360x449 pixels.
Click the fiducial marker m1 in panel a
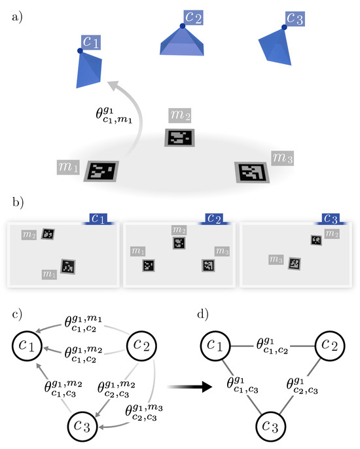[x=101, y=171]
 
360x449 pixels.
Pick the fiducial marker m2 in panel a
[x=179, y=138]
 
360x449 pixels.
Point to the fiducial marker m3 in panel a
[x=249, y=172]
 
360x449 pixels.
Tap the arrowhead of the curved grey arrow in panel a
[x=116, y=84]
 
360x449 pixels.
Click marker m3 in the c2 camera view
[x=208, y=265]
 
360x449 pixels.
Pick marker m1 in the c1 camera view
[x=69, y=266]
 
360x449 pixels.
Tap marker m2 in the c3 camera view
[x=316, y=240]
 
